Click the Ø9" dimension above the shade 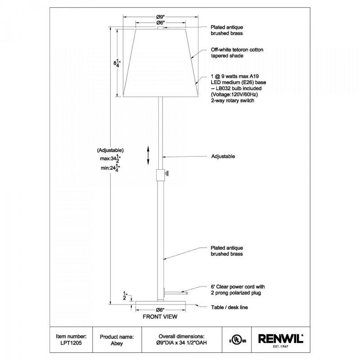pyautogui.click(x=161, y=17)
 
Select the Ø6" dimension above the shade pyautogui.click(x=161, y=23)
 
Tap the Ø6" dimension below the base pyautogui.click(x=160, y=310)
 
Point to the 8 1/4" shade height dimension pyautogui.click(x=117, y=63)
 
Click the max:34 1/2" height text pyautogui.click(x=110, y=158)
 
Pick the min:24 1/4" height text pyautogui.click(x=110, y=168)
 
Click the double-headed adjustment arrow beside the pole pyautogui.click(x=148, y=155)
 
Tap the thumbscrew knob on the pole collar pyautogui.click(x=167, y=174)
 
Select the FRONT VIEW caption pyautogui.click(x=160, y=317)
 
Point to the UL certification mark pyautogui.click(x=238, y=340)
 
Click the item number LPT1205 pyautogui.click(x=71, y=343)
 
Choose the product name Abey pyautogui.click(x=117, y=343)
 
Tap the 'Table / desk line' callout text pyautogui.click(x=229, y=307)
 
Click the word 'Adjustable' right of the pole pyautogui.click(x=223, y=156)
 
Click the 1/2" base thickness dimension pyautogui.click(x=125, y=296)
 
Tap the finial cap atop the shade pyautogui.click(x=161, y=28)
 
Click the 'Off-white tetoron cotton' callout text pyautogui.click(x=237, y=50)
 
